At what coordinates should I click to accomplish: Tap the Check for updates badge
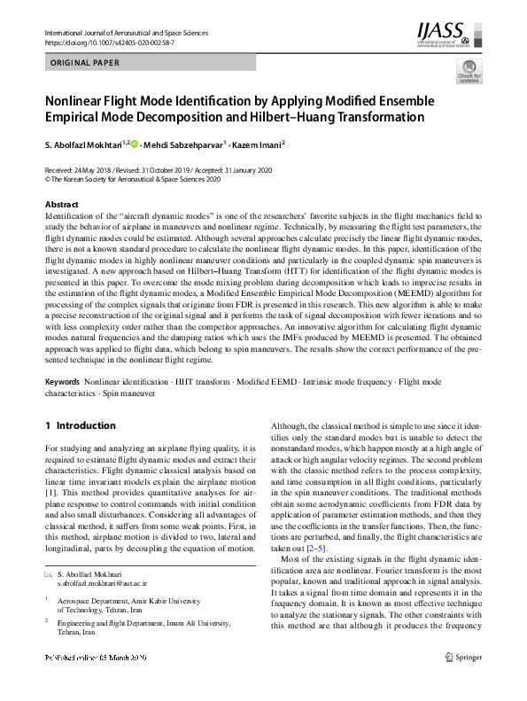[469, 74]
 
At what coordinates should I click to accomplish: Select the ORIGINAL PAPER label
[85, 63]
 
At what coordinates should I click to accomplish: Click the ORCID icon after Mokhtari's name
[136, 143]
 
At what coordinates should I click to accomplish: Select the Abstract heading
[61, 205]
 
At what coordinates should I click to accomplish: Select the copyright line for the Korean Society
[133, 177]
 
